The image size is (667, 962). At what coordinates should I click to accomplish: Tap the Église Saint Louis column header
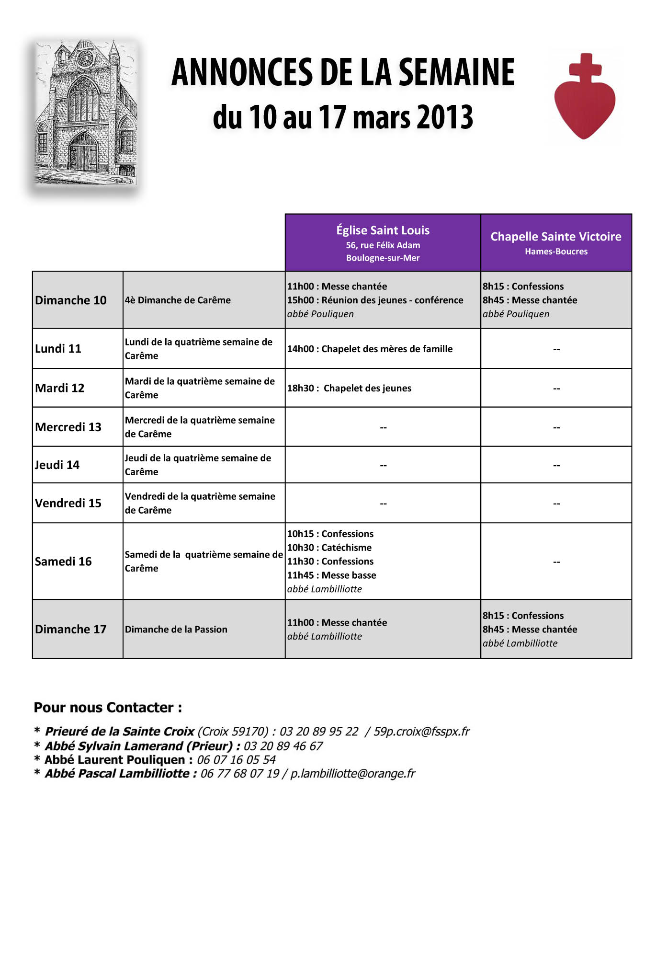click(x=383, y=243)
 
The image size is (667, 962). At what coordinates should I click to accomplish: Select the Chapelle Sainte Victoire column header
click(x=556, y=242)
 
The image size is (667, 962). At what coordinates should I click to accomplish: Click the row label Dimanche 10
click(x=71, y=300)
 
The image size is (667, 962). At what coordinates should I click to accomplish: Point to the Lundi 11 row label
click(x=58, y=349)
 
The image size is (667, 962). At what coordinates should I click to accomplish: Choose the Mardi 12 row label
click(x=60, y=388)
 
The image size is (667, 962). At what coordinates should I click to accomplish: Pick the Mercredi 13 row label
click(x=68, y=427)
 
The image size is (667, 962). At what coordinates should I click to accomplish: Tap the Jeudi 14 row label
click(x=57, y=465)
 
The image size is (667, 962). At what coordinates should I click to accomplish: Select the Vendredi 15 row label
click(x=68, y=503)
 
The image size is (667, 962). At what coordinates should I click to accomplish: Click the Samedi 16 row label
click(x=63, y=561)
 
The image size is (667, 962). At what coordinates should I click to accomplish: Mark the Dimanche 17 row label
click(x=71, y=630)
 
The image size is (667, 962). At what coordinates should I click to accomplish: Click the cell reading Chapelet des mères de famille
click(x=370, y=349)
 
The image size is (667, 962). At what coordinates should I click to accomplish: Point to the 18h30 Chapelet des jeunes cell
click(x=349, y=388)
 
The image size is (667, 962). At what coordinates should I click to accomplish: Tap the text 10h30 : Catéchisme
click(x=329, y=548)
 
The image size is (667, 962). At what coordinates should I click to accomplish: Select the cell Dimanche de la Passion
click(x=176, y=630)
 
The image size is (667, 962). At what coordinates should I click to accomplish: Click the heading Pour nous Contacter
click(x=108, y=708)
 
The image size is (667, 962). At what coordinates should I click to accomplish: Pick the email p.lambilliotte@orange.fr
click(x=353, y=773)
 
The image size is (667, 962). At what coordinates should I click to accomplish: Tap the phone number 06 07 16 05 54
click(x=236, y=760)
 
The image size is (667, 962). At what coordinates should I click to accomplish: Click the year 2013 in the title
click(x=445, y=117)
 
